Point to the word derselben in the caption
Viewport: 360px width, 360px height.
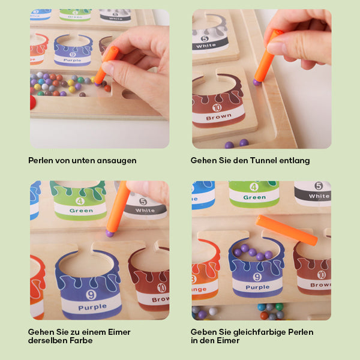[48, 340]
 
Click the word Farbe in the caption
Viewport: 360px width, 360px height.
[81, 340]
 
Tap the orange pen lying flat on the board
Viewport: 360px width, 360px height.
[287, 230]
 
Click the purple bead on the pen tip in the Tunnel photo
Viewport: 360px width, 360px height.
[257, 82]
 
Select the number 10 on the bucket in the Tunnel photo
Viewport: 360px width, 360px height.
[217, 107]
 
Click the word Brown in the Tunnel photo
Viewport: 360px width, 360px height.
[218, 117]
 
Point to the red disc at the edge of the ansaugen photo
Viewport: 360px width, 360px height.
[32, 103]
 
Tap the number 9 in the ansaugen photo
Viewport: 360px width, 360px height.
[73, 55]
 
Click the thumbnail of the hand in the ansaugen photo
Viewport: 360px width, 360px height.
[107, 67]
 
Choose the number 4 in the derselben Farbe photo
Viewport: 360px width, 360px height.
[80, 202]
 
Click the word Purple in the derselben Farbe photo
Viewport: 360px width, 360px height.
[92, 307]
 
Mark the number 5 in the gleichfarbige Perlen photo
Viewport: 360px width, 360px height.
[319, 186]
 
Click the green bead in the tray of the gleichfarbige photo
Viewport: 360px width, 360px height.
[279, 307]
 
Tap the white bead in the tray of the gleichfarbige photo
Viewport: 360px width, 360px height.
[213, 311]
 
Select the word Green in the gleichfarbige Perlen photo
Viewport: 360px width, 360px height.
[254, 197]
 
